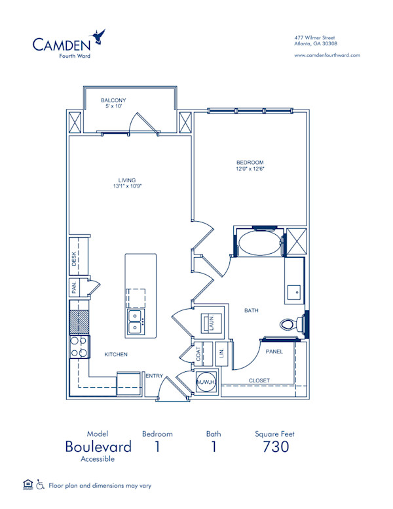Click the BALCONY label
click(113, 100)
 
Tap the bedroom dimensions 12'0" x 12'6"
click(250, 169)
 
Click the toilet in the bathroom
click(290, 323)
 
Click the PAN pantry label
click(75, 287)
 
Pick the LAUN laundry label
click(211, 323)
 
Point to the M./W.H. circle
click(204, 383)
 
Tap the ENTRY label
click(155, 375)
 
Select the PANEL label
click(273, 352)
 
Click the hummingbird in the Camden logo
click(100, 37)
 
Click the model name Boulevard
click(98, 447)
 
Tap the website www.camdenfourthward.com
click(327, 55)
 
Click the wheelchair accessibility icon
click(39, 485)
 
